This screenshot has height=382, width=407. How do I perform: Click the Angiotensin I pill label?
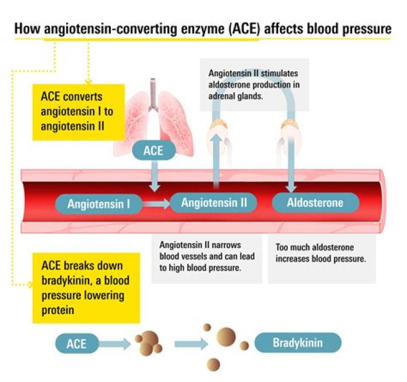pyautogui.click(x=99, y=204)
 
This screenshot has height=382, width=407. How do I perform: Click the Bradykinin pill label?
pyautogui.click(x=298, y=342)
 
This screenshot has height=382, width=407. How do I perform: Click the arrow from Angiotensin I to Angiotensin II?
pyautogui.click(x=157, y=204)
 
